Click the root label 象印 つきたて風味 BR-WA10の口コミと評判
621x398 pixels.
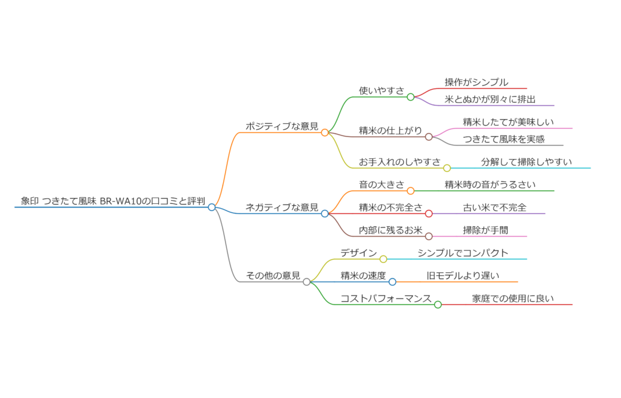point(113,201)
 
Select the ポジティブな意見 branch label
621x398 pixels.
point(282,126)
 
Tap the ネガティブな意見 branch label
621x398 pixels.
point(282,207)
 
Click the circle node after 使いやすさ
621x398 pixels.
point(411,97)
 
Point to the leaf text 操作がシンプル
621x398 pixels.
point(477,83)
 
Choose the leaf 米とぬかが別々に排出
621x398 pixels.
point(490,99)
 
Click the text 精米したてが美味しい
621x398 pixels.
point(508,122)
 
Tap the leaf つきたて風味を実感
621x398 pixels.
point(503,139)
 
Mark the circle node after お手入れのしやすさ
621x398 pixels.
point(447,168)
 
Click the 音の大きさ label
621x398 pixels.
point(381,184)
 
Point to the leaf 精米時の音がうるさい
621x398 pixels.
point(490,184)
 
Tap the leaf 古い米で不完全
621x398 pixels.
point(494,207)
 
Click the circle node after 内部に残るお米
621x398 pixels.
point(429,237)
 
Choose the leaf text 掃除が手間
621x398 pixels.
point(485,230)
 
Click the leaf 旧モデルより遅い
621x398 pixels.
point(463,275)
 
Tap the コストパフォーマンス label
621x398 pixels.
point(386,298)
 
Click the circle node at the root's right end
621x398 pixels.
point(212,207)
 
